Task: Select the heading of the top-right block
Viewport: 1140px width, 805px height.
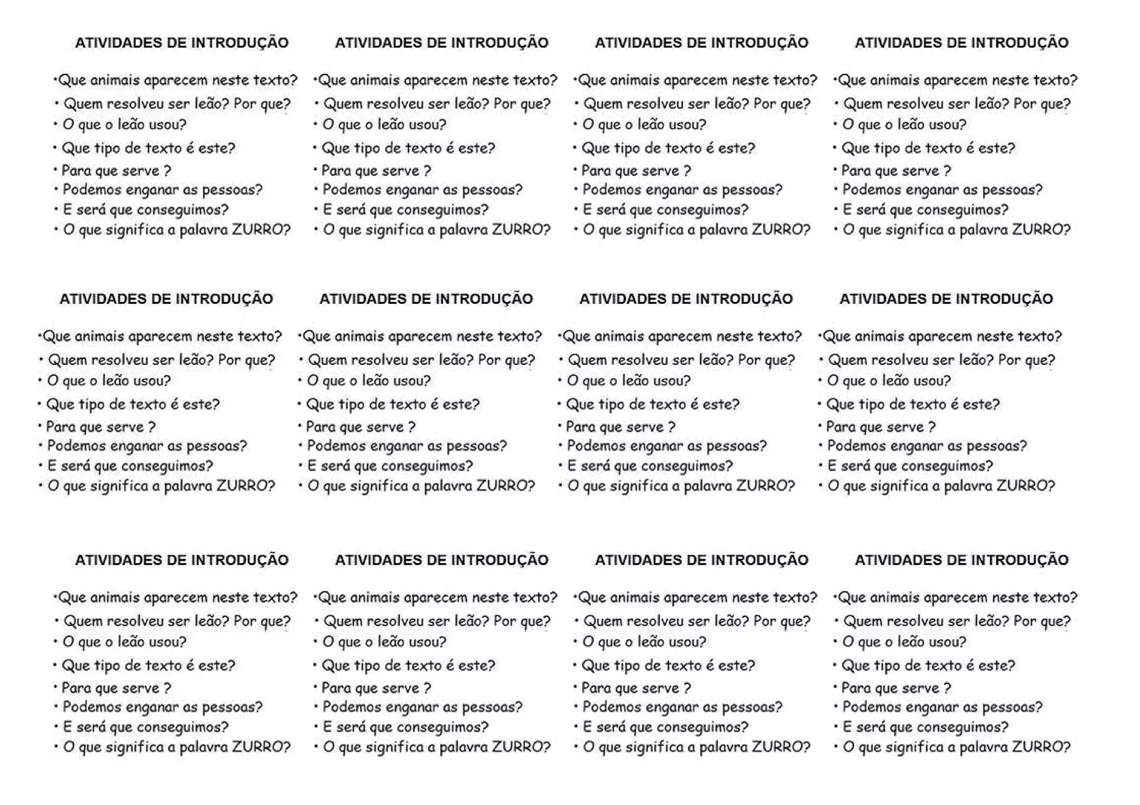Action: pyautogui.click(x=961, y=43)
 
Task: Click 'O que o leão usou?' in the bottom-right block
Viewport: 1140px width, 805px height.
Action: pyautogui.click(x=904, y=642)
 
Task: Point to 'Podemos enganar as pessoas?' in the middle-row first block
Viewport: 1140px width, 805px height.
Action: pyautogui.click(x=147, y=446)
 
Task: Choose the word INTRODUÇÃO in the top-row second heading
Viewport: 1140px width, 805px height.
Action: pyautogui.click(x=499, y=43)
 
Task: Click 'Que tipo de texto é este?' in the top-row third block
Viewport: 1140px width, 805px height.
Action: pyautogui.click(x=668, y=149)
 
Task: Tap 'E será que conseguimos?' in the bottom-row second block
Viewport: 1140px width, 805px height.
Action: pyautogui.click(x=406, y=727)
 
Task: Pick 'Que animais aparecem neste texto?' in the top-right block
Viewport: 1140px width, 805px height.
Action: pyautogui.click(x=957, y=81)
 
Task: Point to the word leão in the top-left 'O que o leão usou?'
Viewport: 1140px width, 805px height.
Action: pyautogui.click(x=131, y=125)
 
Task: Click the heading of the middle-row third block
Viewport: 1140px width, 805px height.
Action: pyautogui.click(x=686, y=299)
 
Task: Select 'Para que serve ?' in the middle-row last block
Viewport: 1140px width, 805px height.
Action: pyautogui.click(x=881, y=427)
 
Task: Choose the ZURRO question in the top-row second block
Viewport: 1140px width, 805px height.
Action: pyautogui.click(x=436, y=230)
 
